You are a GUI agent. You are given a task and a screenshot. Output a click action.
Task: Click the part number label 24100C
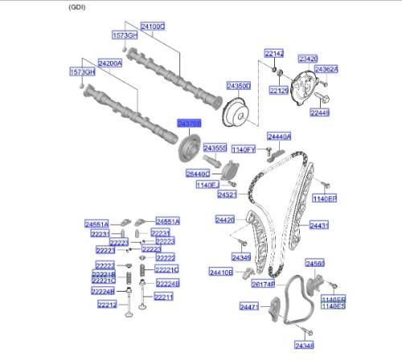pos(153,27)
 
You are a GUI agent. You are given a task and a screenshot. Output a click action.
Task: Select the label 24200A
pos(110,62)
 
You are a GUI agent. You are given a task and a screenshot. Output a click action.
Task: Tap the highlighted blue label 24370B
pos(189,122)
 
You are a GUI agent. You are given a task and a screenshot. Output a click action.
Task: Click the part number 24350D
pos(238,84)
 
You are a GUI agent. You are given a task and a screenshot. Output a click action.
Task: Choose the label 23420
pos(308,59)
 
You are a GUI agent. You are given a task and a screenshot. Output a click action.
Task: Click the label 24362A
pos(326,69)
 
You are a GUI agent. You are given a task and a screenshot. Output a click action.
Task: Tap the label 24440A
pos(279,137)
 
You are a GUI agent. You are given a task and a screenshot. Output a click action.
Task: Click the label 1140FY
pos(244,149)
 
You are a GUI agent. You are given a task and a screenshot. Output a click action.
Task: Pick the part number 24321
pos(228,194)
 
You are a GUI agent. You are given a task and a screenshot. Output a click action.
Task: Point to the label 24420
pos(224,219)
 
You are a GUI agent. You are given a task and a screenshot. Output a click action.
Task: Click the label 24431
pos(319,226)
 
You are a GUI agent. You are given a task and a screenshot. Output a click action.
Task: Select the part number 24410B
pos(221,272)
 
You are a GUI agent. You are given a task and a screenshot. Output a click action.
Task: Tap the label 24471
pos(249,307)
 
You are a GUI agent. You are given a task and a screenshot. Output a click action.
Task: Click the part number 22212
pos(107,305)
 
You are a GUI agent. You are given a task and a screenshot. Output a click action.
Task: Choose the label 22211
pos(163,297)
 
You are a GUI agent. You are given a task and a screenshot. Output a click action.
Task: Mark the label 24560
pos(314,264)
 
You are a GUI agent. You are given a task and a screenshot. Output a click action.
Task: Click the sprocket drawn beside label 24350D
pos(237,112)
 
